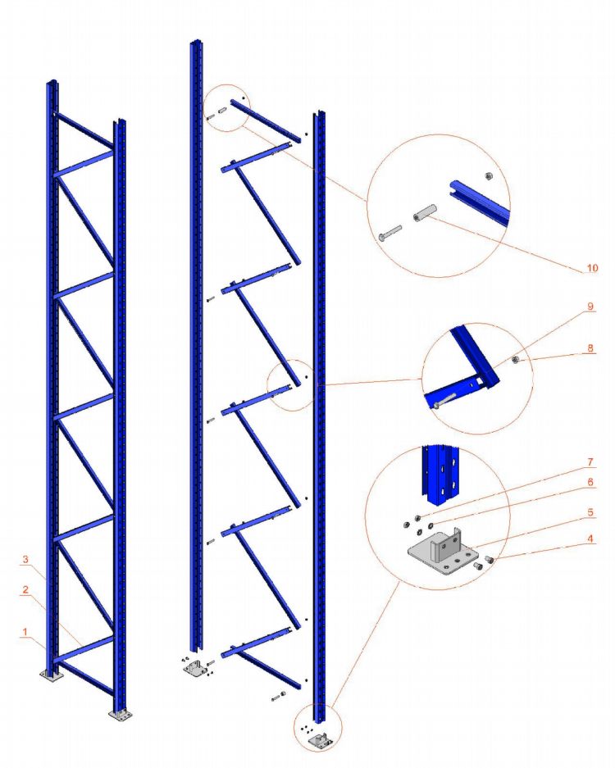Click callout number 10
tap(592, 268)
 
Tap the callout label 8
tap(591, 348)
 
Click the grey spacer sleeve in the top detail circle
tap(424, 214)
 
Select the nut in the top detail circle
tap(485, 175)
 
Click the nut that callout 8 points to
tap(515, 359)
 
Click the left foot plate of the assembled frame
tap(52, 675)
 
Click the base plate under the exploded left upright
tap(196, 670)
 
